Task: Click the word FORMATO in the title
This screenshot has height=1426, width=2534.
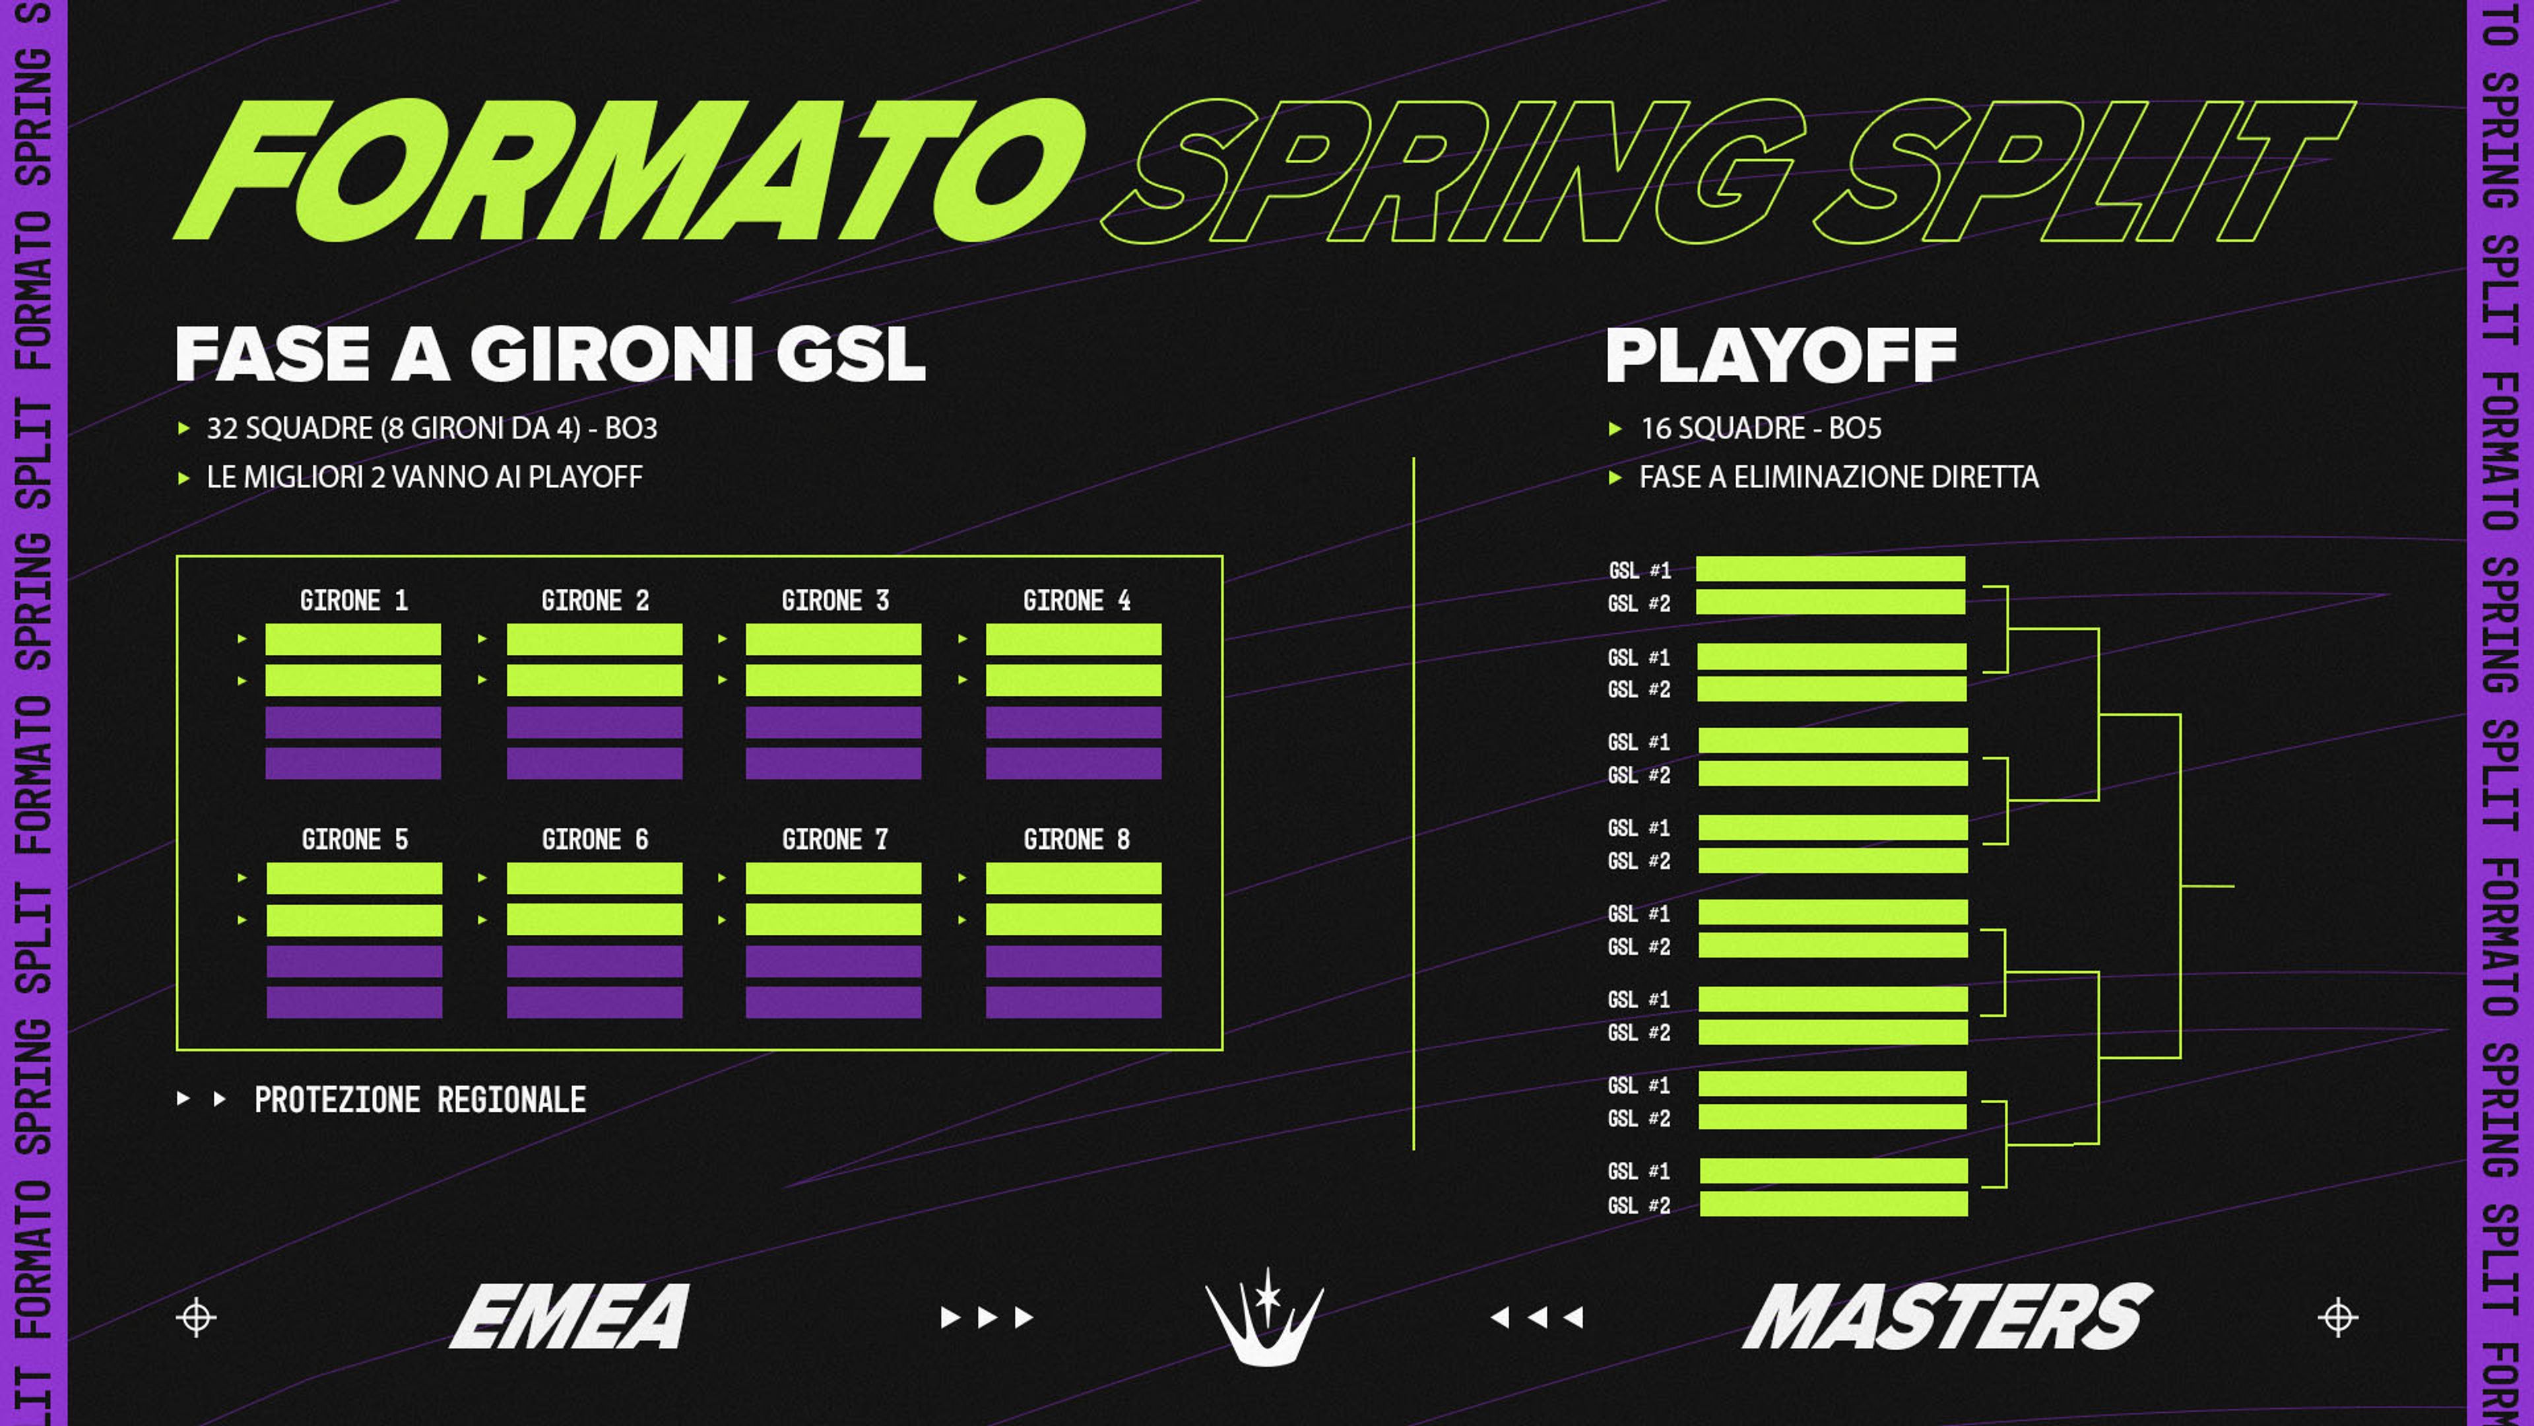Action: point(630,169)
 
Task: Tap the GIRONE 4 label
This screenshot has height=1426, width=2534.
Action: point(1076,600)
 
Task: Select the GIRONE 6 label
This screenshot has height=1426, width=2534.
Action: point(595,840)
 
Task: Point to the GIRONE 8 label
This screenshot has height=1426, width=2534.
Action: point(1076,840)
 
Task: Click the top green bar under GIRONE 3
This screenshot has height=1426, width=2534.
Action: point(833,638)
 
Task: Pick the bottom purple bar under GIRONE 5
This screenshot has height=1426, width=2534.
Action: point(354,1002)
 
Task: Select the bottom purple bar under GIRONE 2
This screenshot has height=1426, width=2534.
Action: point(594,763)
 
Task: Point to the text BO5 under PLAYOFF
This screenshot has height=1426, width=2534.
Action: point(1854,428)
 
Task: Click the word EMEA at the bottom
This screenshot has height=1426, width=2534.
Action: point(569,1316)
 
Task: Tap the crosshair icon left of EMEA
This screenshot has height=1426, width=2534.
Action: point(196,1317)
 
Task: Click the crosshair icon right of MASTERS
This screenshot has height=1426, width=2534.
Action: point(2338,1317)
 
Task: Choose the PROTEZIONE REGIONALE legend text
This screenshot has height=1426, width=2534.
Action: point(420,1099)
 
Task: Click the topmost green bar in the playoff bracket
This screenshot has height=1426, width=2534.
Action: point(1831,569)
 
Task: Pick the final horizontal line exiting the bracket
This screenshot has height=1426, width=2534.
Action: point(2207,886)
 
